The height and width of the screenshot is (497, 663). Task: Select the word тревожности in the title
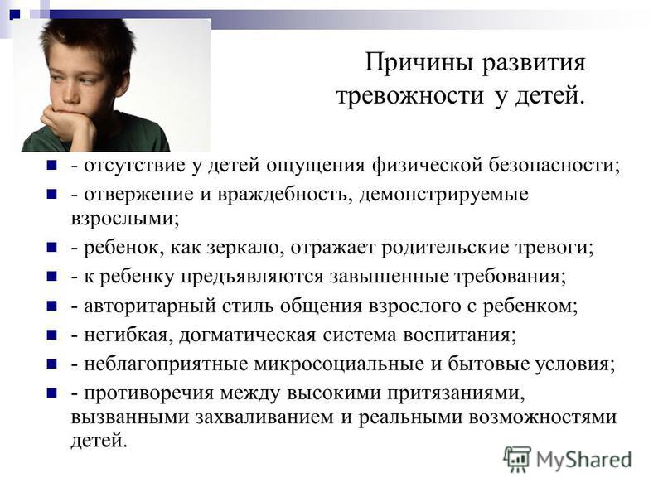[x=409, y=95]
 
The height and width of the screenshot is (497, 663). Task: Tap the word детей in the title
[x=549, y=96]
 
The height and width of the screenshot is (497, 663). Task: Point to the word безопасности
[x=554, y=164]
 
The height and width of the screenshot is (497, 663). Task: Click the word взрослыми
[x=125, y=219]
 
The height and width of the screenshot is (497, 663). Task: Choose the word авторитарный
[x=150, y=306]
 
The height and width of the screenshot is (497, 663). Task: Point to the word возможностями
[x=543, y=417]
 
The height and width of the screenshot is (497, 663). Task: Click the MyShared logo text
[x=584, y=460]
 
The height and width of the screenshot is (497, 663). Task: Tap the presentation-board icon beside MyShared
[x=516, y=459]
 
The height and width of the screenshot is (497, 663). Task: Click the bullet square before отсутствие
[x=51, y=164]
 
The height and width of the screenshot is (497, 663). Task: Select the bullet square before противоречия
[x=51, y=393]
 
